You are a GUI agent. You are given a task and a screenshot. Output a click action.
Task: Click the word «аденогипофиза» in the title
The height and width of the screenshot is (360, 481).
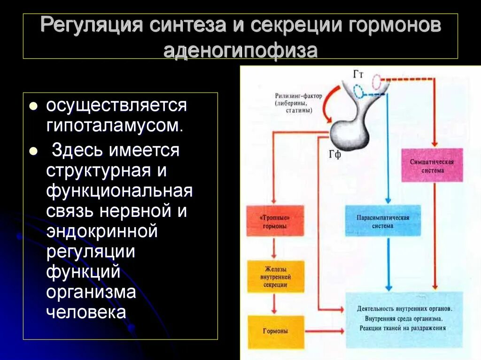(240, 50)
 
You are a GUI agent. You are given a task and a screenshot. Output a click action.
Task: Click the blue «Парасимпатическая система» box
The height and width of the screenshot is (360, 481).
(384, 221)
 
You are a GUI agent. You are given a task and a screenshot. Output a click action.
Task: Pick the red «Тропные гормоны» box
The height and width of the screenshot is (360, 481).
(275, 222)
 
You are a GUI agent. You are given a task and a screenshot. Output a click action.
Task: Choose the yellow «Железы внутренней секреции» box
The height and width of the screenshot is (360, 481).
(275, 277)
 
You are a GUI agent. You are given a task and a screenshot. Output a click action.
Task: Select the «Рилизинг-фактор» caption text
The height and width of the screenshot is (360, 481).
(298, 96)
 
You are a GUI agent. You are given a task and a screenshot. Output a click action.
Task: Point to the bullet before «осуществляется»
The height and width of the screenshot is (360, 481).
(33, 107)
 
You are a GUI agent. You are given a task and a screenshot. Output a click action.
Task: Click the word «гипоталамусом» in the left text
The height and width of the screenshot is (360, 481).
(113, 125)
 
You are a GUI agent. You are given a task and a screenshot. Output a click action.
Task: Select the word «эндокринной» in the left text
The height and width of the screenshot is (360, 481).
(101, 231)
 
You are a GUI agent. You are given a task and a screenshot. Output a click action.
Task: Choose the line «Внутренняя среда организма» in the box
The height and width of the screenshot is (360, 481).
(404, 318)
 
